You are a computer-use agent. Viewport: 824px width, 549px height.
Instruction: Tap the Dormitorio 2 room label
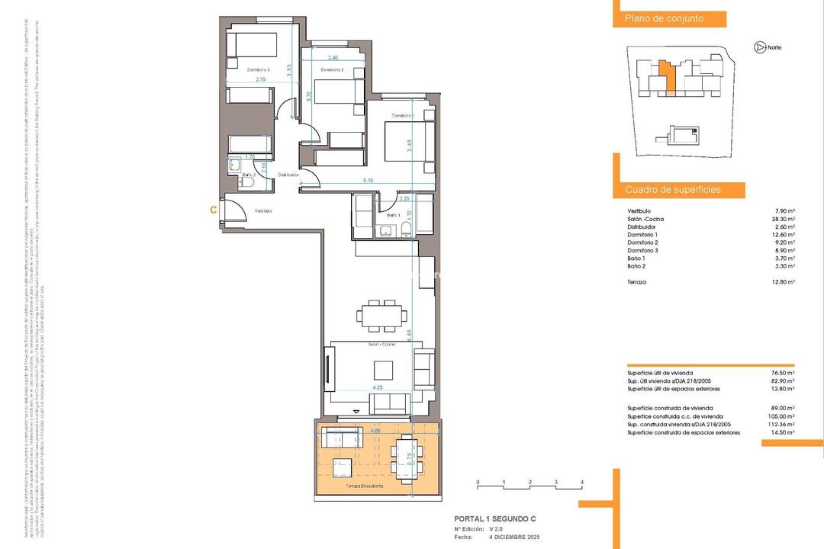coord(332,70)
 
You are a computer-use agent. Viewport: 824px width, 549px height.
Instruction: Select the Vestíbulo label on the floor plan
coord(263,210)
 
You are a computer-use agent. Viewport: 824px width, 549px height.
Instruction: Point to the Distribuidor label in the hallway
coord(288,175)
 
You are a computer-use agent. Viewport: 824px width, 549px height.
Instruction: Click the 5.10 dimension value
coord(369,180)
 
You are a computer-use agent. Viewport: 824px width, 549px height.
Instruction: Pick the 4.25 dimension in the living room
coord(377,387)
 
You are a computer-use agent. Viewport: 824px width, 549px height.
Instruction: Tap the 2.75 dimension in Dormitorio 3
coord(260,79)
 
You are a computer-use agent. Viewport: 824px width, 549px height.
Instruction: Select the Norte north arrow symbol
coord(759,47)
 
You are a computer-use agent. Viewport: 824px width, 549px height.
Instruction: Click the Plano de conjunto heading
coord(664,19)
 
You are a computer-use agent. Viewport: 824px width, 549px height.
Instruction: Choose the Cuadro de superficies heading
coord(673,189)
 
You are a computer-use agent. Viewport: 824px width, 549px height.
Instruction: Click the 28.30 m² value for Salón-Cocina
coord(783,219)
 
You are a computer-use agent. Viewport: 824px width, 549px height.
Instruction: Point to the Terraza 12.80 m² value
coord(783,281)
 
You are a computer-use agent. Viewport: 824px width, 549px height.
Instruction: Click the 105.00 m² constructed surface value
coord(781,416)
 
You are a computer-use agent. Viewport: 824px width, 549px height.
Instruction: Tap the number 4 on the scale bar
coord(582,483)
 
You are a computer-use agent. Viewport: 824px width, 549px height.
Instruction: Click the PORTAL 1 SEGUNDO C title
coord(494,518)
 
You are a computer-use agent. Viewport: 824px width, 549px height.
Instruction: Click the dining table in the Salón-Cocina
coord(379,315)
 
